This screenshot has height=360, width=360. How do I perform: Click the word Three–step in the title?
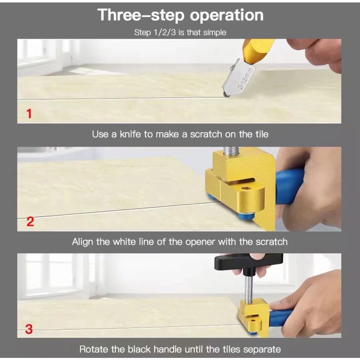pyautogui.click(x=141, y=15)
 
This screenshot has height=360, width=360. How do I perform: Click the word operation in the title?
pyautogui.click(x=227, y=15)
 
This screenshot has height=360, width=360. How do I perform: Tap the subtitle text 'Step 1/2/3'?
pyautogui.click(x=155, y=32)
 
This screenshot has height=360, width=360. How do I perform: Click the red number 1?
pyautogui.click(x=29, y=114)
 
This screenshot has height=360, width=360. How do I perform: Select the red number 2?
pyautogui.click(x=30, y=222)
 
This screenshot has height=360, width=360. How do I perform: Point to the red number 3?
pyautogui.click(x=29, y=329)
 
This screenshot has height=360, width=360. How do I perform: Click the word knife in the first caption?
pyautogui.click(x=130, y=134)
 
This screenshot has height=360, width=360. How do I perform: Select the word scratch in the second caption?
pyautogui.click(x=272, y=242)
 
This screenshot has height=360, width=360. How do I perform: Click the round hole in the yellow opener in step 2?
pyautogui.click(x=246, y=188)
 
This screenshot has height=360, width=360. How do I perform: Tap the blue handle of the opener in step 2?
pyautogui.click(x=289, y=186)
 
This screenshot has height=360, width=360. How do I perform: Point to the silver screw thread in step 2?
pyautogui.click(x=231, y=151)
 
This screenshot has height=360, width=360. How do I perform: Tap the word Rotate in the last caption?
pyautogui.click(x=94, y=349)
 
